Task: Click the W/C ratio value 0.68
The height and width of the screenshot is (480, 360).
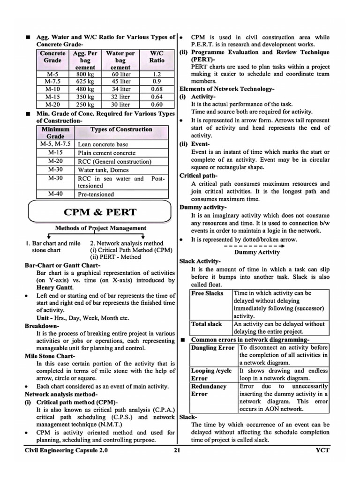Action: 157,89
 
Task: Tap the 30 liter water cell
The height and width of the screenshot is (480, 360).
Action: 121,105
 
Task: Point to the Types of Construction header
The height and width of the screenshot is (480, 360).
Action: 121,129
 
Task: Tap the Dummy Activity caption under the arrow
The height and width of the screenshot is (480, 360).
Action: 257,252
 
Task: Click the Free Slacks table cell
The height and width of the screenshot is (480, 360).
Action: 207,293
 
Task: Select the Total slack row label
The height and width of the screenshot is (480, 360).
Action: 207,324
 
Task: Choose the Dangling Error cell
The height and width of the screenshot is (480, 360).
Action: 213,348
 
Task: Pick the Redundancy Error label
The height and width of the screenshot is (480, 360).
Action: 209,390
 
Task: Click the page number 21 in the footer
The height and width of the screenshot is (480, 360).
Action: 177,450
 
